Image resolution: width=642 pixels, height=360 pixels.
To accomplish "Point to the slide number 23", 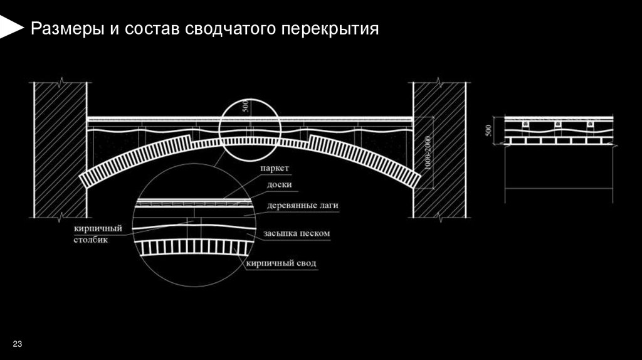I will click(17, 345).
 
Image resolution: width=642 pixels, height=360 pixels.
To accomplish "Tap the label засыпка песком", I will click(298, 233).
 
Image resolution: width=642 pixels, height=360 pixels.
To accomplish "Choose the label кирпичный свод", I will click(282, 263).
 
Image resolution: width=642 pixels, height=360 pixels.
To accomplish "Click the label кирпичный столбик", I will click(97, 234).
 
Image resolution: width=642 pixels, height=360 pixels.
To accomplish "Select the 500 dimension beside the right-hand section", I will click(489, 131).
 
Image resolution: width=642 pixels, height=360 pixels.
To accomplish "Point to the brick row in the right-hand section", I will click(558, 142).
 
